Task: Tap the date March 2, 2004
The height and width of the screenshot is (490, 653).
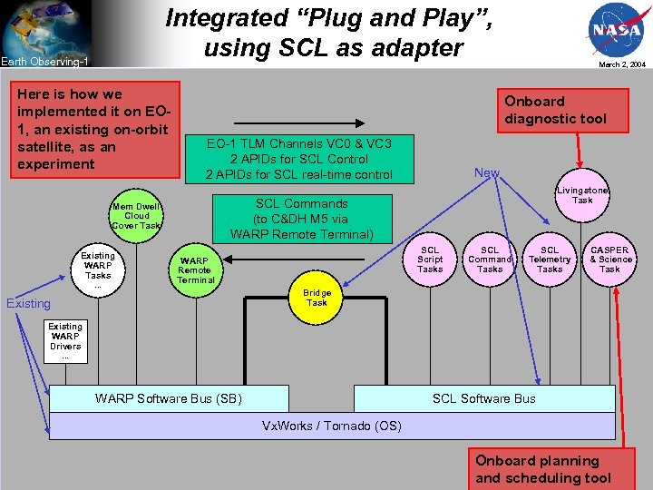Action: coord(621,64)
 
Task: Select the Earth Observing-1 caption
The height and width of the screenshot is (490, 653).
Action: coord(44,62)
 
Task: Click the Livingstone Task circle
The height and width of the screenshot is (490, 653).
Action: coord(582,195)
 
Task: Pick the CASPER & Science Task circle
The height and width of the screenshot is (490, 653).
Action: coord(609,260)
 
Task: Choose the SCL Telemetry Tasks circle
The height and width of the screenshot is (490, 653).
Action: coord(550,260)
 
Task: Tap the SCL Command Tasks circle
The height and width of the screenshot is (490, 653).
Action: coord(490,260)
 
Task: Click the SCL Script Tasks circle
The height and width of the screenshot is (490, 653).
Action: coord(430,260)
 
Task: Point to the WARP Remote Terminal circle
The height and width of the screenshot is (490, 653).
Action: coord(196,269)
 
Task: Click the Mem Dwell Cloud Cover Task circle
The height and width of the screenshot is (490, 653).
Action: coord(136,216)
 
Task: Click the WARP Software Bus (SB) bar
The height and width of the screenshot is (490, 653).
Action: coord(169,398)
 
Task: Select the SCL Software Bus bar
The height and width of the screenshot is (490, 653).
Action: coord(483,398)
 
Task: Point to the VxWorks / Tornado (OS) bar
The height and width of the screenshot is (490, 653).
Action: coord(331,426)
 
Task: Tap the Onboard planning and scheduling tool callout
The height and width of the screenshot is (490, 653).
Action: coord(543,469)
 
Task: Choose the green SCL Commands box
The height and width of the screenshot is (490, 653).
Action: coord(301,219)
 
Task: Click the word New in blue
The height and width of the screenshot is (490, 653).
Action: coord(487,172)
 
